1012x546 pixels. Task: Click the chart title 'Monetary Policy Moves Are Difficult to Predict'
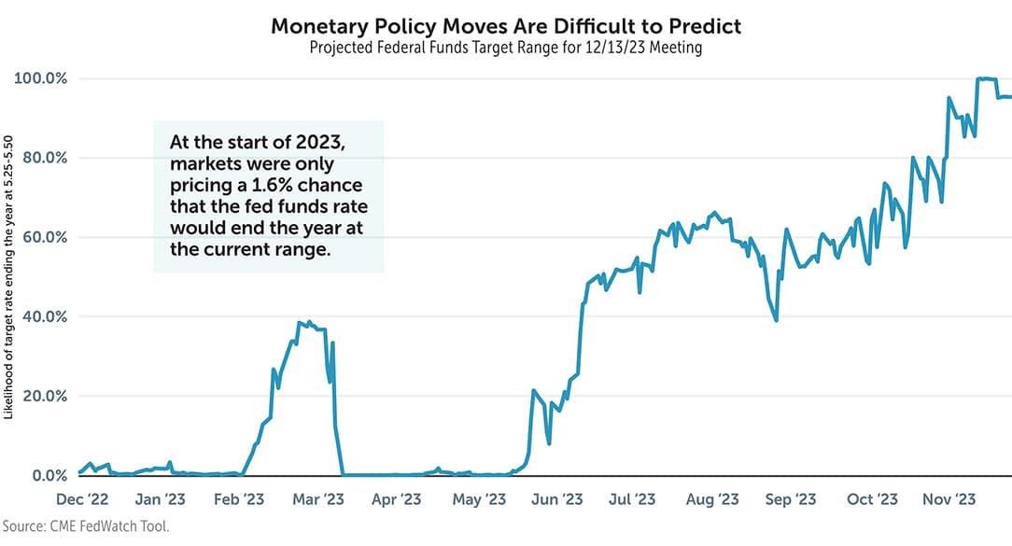pyautogui.click(x=505, y=25)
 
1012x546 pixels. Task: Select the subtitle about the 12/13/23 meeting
pyautogui.click(x=505, y=48)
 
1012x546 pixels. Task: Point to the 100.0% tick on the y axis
pyautogui.click(x=41, y=78)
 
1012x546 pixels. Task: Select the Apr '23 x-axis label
pyautogui.click(x=399, y=499)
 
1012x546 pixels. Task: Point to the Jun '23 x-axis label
pyautogui.click(x=557, y=499)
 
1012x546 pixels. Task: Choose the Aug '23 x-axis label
pyautogui.click(x=712, y=499)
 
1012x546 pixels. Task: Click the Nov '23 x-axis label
pyautogui.click(x=952, y=499)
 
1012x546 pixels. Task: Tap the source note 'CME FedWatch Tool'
pyautogui.click(x=86, y=527)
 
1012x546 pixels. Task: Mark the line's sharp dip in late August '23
pyautogui.click(x=777, y=320)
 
